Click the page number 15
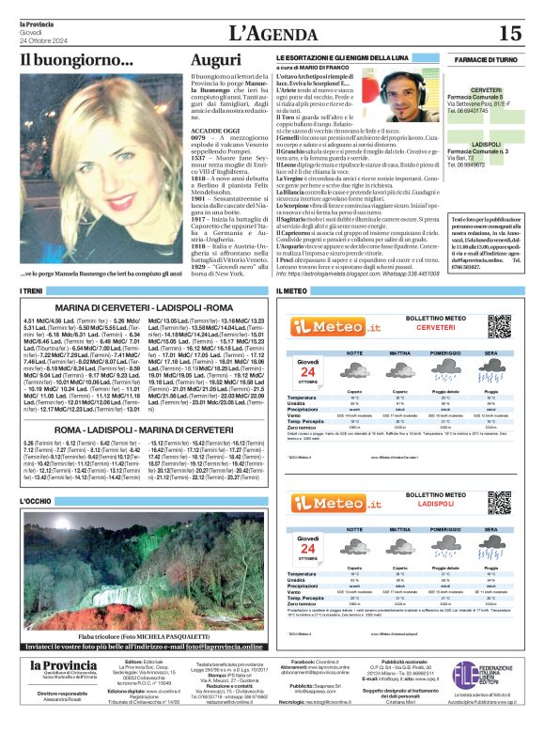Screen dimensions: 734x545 [x=509, y=34]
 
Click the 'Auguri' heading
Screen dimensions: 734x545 [x=215, y=59]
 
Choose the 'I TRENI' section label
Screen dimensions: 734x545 [x=33, y=291]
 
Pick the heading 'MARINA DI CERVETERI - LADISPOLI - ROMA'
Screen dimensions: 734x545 [x=145, y=307]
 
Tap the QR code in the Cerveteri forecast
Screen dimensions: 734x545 [x=499, y=326]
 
